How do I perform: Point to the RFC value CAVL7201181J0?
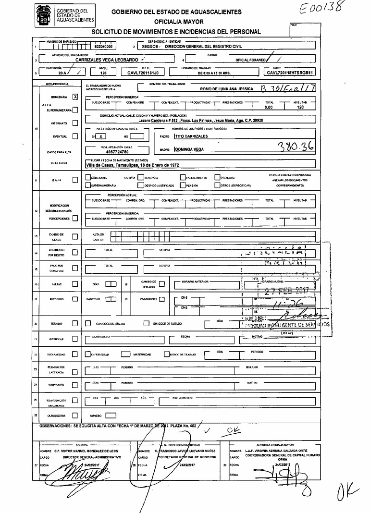pyautogui.click(x=143, y=73)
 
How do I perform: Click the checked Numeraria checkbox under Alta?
pyautogui.click(x=74, y=97)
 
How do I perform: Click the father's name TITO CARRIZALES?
pyautogui.click(x=191, y=136)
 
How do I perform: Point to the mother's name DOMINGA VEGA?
pyautogui.click(x=190, y=149)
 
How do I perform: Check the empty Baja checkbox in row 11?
pyautogui.click(x=74, y=180)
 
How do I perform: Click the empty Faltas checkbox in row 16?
pyautogui.click(x=74, y=284)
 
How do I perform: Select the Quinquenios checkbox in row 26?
pyautogui.click(x=74, y=415)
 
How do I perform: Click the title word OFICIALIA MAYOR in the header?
pyautogui.click(x=179, y=22)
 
